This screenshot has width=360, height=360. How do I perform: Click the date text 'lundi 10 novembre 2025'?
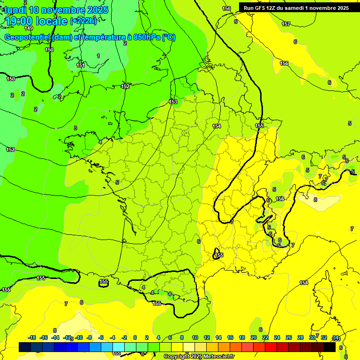(x=56, y=10)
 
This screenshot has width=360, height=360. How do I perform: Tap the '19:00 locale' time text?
(x=37, y=21)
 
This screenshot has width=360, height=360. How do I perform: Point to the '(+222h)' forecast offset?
(x=83, y=21)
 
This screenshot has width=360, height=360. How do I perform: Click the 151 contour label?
(x=81, y=65)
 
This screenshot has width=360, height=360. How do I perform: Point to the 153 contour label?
(x=173, y=102)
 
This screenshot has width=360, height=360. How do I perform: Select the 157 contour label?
(x=285, y=24)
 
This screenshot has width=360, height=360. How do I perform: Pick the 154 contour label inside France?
(x=217, y=126)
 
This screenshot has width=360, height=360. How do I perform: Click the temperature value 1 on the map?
(x=98, y=56)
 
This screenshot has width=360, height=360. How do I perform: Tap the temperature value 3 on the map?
(x=75, y=128)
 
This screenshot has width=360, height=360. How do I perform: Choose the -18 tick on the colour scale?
(x=32, y=337)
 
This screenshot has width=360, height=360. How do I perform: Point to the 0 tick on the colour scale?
(x=135, y=337)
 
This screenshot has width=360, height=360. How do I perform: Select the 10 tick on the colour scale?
(x=195, y=337)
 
